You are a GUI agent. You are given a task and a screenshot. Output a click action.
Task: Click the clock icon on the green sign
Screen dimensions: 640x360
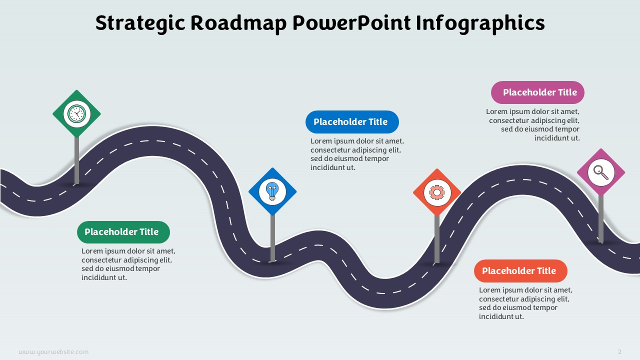click(x=76, y=113)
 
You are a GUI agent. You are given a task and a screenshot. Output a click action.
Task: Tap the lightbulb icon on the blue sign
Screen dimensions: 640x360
click(x=272, y=191)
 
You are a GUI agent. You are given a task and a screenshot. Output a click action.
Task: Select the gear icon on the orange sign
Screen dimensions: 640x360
click(x=437, y=192)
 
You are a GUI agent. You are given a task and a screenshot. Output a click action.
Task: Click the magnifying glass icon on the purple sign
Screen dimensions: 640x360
click(x=601, y=172)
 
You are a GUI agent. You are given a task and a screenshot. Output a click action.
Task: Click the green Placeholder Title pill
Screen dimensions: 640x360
click(x=123, y=232)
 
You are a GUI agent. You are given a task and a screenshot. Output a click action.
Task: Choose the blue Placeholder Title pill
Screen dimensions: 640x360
click(x=352, y=122)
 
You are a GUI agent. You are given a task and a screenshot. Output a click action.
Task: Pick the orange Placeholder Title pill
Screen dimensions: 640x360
click(x=520, y=271)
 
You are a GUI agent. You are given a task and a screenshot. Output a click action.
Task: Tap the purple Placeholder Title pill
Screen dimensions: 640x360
click(x=537, y=92)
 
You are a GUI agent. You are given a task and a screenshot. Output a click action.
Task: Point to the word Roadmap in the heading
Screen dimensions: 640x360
click(x=238, y=23)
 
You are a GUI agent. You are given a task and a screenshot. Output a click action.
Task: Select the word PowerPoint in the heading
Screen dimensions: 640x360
click(x=351, y=23)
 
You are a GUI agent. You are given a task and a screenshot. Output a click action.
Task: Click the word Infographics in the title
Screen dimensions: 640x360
click(x=480, y=23)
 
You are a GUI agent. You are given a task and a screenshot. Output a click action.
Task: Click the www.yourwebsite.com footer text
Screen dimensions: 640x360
click(x=53, y=351)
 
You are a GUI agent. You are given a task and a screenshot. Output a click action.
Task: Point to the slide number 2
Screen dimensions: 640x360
click(x=619, y=351)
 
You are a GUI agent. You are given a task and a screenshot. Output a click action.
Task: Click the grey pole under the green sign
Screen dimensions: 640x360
click(x=76, y=160)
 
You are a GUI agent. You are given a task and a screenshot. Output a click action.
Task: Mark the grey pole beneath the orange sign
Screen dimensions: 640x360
click(x=437, y=239)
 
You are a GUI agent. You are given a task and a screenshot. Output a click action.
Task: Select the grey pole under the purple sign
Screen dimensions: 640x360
click(x=601, y=219)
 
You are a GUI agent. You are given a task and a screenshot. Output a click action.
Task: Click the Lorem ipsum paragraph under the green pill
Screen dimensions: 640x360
click(x=128, y=264)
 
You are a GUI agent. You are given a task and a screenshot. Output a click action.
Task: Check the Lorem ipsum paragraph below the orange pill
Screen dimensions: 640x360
click(x=525, y=303)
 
